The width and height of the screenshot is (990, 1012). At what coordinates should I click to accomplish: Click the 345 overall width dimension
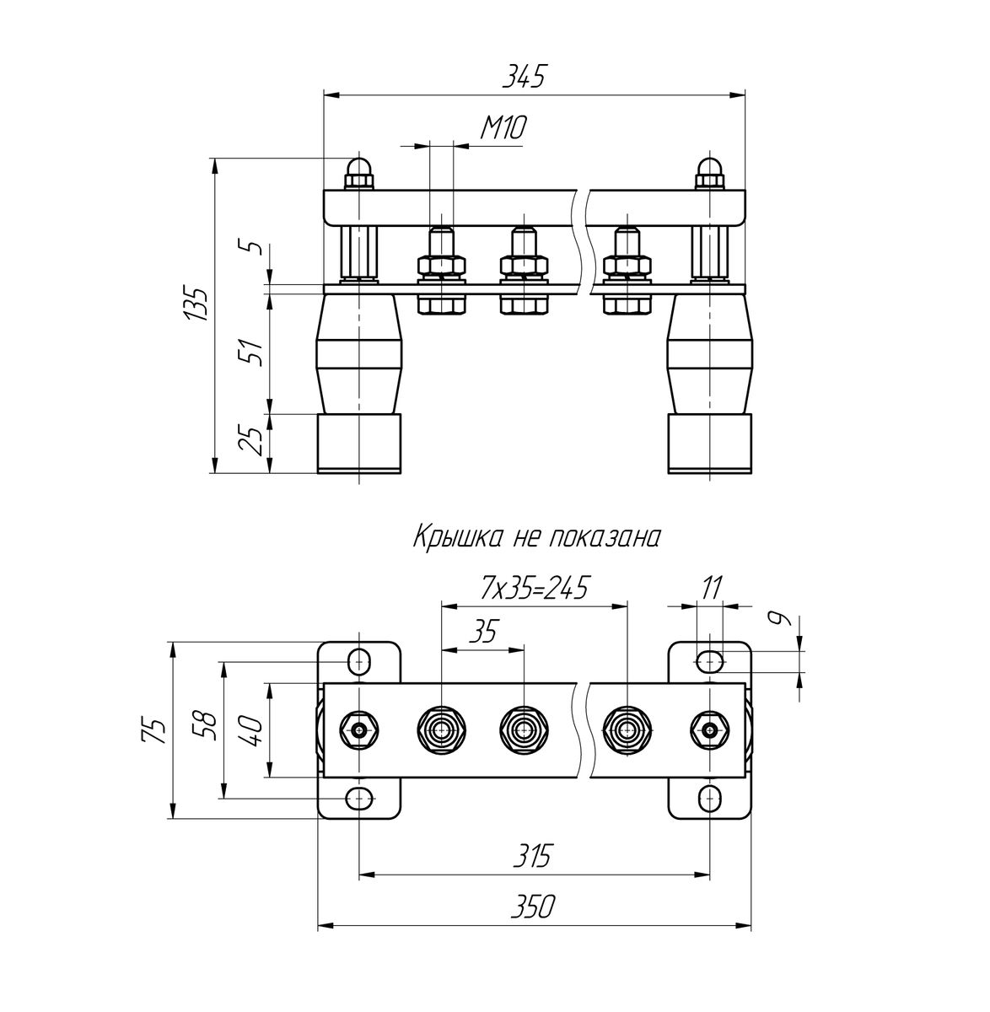[525, 77]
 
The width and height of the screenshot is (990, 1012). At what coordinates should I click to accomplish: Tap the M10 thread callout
[503, 128]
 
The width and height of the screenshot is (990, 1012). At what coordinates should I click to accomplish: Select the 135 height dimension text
[197, 304]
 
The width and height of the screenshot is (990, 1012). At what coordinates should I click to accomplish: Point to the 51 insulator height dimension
[255, 353]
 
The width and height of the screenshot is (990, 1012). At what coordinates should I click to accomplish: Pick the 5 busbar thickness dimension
[255, 245]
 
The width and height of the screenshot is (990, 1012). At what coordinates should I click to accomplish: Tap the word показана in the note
[604, 538]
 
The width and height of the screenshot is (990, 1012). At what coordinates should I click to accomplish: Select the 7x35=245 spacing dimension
[534, 588]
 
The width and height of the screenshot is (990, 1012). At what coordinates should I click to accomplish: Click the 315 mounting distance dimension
[532, 855]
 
